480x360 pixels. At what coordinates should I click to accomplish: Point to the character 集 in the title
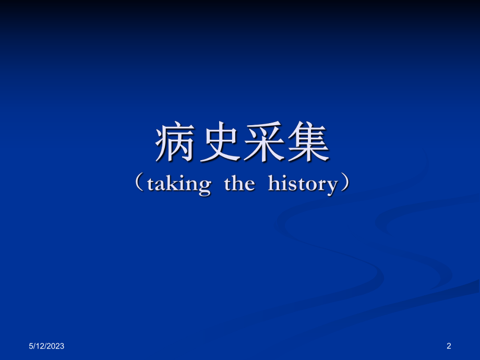click(307, 143)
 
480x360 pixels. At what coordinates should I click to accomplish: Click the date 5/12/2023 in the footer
click(46, 345)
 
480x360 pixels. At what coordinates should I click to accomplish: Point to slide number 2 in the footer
click(449, 345)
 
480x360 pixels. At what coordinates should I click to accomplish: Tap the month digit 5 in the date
click(31, 345)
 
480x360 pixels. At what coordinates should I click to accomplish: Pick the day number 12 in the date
click(39, 345)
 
